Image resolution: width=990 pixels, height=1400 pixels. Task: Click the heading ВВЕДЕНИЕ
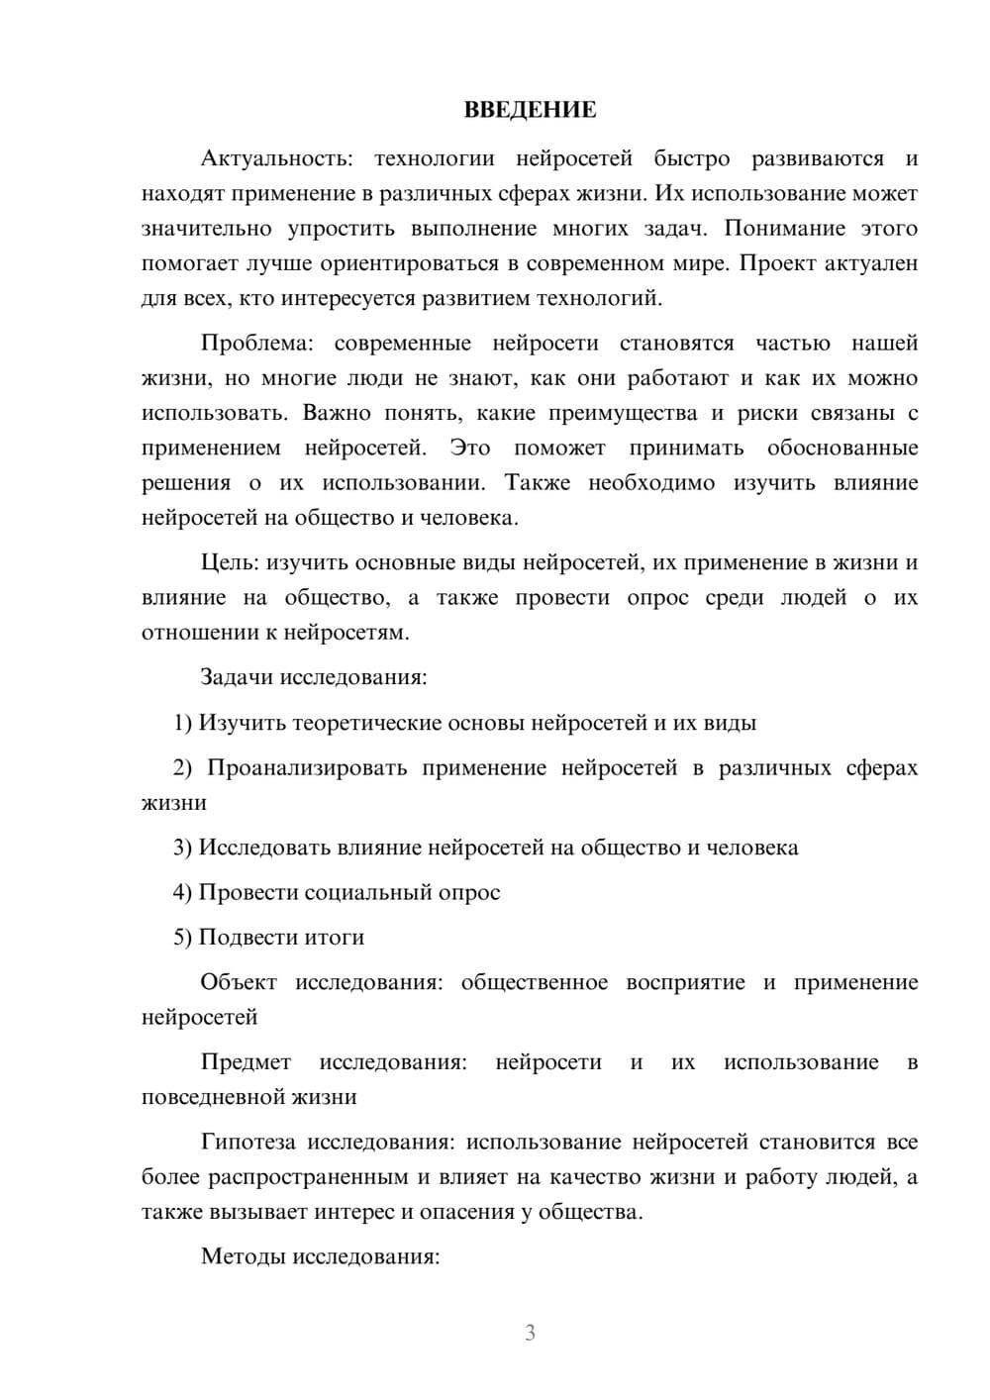click(530, 110)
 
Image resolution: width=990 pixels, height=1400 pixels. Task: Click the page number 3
click(530, 1333)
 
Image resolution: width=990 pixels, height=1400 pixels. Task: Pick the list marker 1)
click(183, 723)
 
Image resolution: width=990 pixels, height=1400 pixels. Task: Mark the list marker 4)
click(183, 893)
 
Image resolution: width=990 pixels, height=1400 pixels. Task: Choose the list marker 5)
click(183, 938)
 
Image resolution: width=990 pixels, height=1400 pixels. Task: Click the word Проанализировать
click(307, 768)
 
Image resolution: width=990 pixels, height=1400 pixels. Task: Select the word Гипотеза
click(247, 1143)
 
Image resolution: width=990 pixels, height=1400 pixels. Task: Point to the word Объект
click(238, 983)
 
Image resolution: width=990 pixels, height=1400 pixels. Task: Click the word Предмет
click(246, 1063)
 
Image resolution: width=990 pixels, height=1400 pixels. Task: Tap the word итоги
click(337, 938)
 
